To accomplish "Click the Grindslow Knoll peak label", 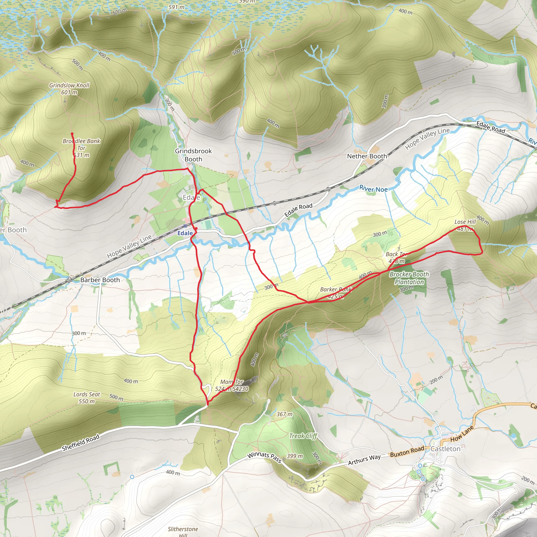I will coord(69,89).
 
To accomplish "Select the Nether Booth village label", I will coord(367,156).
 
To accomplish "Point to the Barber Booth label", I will coord(100,280).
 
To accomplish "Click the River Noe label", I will coord(373,189).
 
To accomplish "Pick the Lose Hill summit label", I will coord(465,225).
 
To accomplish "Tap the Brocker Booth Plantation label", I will coord(409,278).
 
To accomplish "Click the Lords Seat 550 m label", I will coord(87,398).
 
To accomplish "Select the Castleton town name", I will coord(445,449).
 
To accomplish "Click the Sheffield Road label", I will coord(80,443).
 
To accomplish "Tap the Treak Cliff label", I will coord(303,436).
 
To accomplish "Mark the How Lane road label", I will coord(462,434).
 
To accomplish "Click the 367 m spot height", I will coord(284,414).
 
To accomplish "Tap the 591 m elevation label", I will coord(176,7).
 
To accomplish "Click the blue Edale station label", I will coord(185,233).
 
